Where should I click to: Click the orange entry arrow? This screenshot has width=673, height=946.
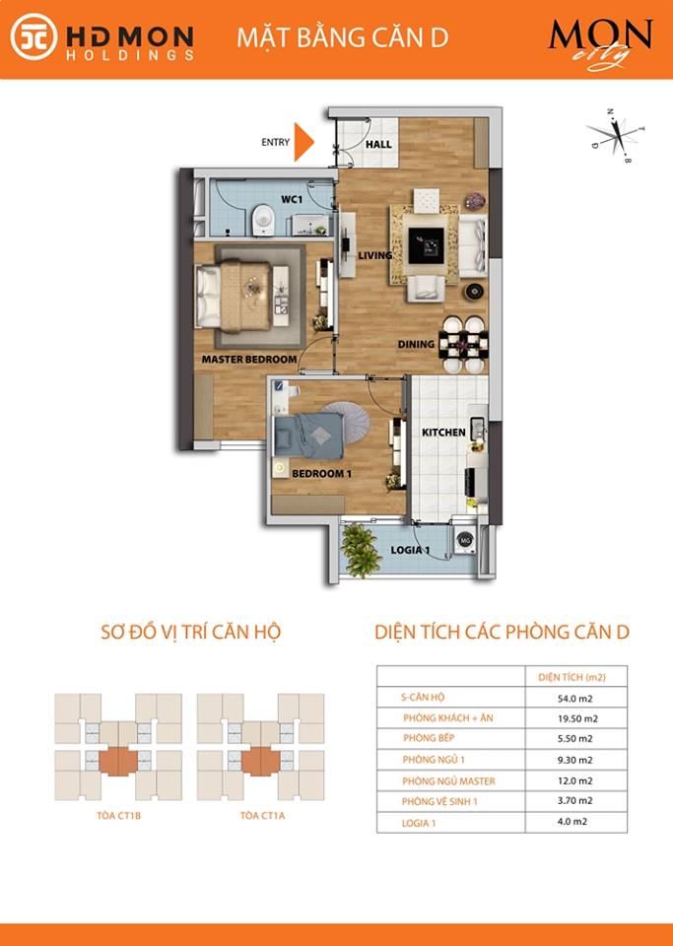pos(303,142)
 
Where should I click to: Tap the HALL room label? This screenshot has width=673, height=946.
pos(378,144)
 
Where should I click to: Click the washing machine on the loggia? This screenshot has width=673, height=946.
pos(464,541)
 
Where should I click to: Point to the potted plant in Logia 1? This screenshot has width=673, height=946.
pos(361,550)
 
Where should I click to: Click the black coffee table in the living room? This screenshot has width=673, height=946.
pos(427,245)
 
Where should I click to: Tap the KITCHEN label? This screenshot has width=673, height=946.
pos(443,433)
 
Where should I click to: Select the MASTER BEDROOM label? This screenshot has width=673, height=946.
pos(249,359)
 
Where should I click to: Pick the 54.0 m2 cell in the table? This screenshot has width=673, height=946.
pos(574,699)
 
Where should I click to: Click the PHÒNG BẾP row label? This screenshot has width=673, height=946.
pos(429,738)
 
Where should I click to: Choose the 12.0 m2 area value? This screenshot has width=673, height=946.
pos(574,780)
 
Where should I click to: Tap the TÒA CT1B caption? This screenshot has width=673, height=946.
pos(118,816)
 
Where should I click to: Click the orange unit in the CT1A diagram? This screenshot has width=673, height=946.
pos(260,762)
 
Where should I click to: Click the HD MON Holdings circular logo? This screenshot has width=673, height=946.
pos(34,36)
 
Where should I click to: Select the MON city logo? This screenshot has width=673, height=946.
pos(600,43)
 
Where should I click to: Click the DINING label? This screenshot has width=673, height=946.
pos(416,344)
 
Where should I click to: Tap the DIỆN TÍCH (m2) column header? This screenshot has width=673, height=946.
pos(572,677)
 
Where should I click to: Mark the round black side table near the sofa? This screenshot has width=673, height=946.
pos(474,292)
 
